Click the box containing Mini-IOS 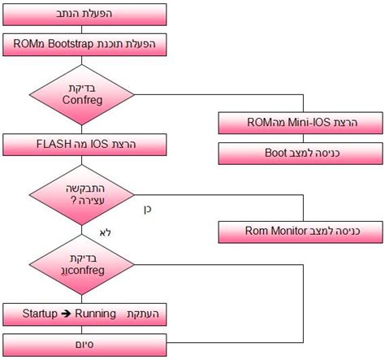coord(301,123)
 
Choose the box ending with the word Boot coord(301,152)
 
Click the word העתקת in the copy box coord(145,313)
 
